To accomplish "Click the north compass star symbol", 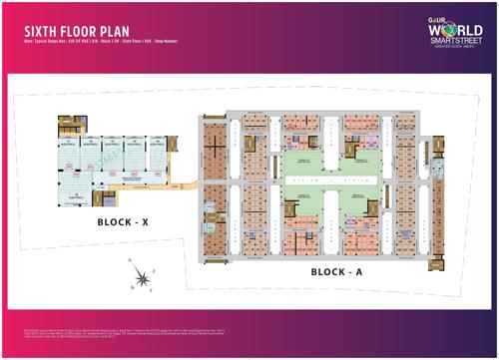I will [146, 277].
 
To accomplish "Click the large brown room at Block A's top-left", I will [214, 143].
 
